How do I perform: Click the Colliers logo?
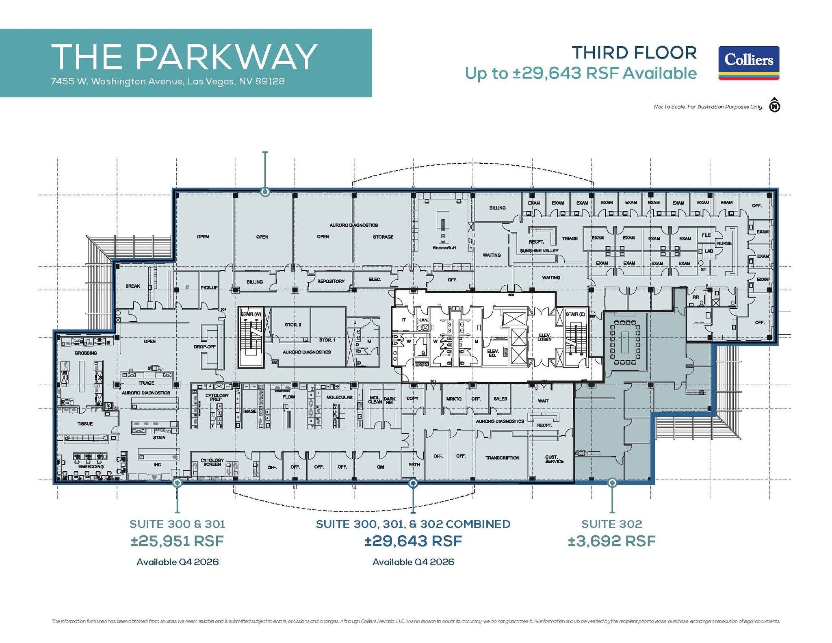748,63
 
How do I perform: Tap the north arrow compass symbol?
775,106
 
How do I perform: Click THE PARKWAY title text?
184,57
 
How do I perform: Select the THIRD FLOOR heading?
634,53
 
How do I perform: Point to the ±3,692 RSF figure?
611,541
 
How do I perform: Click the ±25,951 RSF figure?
177,541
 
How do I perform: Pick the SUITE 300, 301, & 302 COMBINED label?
413,524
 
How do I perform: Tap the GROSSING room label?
86,353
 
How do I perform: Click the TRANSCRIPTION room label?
502,458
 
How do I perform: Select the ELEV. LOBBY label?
544,337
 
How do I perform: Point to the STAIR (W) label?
251,314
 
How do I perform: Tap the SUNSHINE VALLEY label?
539,251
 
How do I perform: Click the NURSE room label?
724,243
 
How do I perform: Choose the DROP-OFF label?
205,347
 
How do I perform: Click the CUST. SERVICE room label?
554,459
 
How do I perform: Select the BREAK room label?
132,286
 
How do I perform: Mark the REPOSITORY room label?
331,281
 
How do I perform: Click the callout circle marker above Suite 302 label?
612,483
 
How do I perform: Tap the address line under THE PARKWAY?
167,81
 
